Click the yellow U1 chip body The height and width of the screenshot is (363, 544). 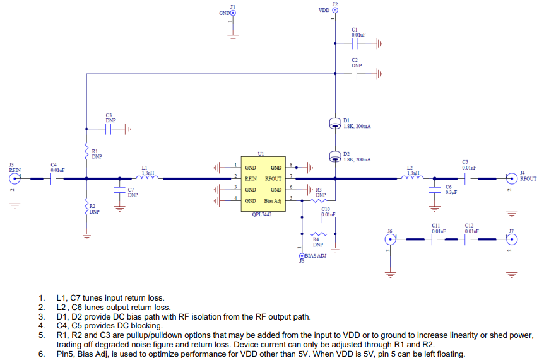point(263,184)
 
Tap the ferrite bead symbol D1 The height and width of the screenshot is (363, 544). point(335,124)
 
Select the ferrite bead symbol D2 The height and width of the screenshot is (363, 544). point(335,156)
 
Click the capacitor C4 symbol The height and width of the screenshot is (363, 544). point(54,179)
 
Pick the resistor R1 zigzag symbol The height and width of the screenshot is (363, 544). point(86,151)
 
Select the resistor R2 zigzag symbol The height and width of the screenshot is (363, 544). point(86,207)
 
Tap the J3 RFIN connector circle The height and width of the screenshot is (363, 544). point(15,179)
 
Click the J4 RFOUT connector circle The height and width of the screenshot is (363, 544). point(512,179)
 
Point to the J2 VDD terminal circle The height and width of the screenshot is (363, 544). point(335,10)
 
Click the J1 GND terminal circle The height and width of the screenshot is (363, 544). point(233,13)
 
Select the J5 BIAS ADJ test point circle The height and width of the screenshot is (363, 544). point(302,256)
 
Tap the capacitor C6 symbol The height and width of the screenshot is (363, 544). point(434,190)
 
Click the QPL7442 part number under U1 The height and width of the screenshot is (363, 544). point(262,214)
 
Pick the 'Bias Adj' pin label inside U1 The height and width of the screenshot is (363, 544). point(273,201)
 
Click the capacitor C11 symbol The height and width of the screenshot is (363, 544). point(434,239)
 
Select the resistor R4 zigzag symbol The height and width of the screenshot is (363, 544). point(319,234)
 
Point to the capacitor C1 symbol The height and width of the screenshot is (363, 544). point(355,43)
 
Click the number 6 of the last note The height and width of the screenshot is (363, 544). point(41,354)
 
